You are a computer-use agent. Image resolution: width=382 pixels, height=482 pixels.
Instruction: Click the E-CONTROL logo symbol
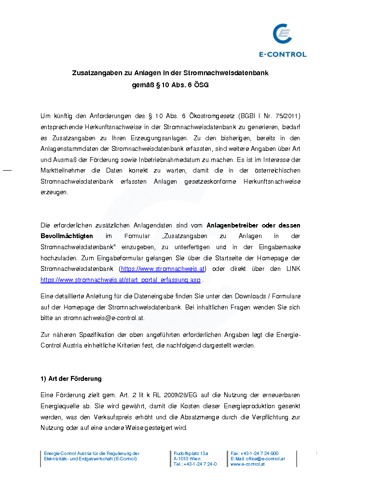pos(283,35)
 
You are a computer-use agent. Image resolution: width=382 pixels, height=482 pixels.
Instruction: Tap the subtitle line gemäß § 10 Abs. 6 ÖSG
pos(170,85)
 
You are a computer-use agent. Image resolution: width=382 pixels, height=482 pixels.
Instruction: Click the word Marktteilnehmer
pos(63,171)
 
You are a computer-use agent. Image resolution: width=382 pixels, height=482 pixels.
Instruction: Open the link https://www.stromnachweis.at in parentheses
pos(163,268)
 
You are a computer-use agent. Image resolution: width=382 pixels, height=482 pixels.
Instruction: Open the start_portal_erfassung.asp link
pos(121,280)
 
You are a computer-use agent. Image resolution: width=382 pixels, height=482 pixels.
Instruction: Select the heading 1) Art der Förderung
pos(71,378)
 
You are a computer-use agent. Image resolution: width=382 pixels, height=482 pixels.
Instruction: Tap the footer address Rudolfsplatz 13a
pos(191,454)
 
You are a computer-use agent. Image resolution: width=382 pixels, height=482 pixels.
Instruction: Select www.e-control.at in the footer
pos(247,464)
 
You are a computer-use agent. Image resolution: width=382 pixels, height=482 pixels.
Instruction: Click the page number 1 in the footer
pos(316,454)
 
